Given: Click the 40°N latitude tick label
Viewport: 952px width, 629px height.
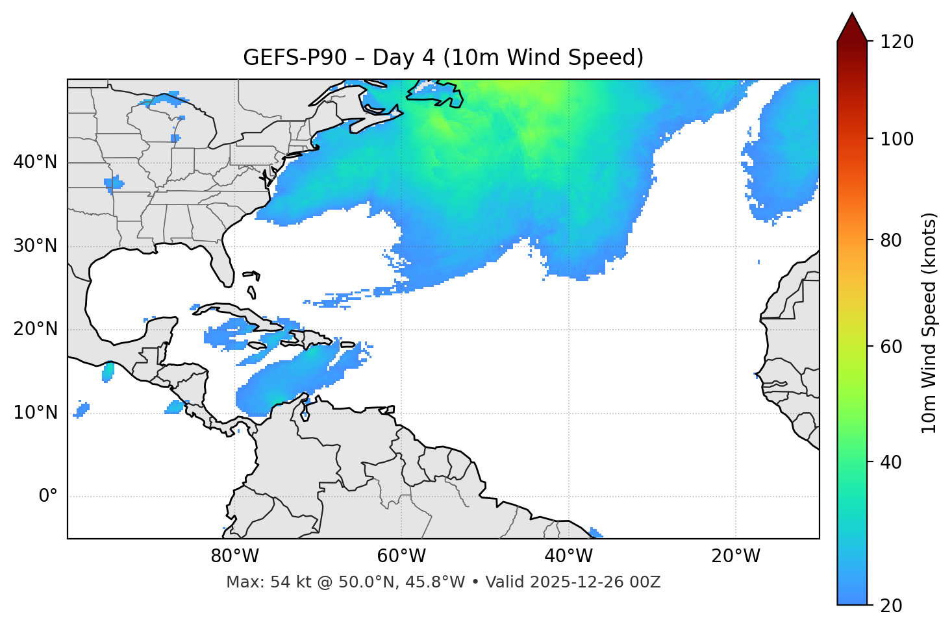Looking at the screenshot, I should coord(35,162).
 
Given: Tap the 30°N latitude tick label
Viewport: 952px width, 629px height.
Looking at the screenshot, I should coord(35,246).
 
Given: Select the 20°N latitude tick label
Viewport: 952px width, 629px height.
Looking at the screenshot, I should coord(35,329).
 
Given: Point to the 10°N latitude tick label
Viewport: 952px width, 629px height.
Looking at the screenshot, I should coord(35,413).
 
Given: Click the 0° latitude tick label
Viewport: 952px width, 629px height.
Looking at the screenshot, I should coord(48,497).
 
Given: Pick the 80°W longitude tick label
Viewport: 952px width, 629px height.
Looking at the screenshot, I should coord(234,556).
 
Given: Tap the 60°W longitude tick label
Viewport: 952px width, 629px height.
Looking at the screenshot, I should coord(401,556).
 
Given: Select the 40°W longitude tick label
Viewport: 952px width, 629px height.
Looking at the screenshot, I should coord(568,556).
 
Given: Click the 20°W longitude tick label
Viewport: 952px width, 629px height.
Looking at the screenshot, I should coord(736,556).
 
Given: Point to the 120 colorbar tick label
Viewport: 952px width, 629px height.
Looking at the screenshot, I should coord(897,42).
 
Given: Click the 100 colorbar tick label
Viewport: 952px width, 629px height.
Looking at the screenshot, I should coord(897,139).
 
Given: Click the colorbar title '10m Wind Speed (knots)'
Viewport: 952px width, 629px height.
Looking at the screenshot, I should coord(929,323).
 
